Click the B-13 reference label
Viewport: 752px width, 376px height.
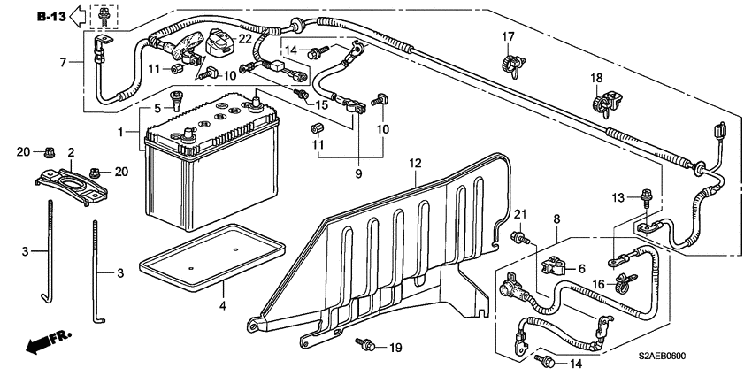click(52, 17)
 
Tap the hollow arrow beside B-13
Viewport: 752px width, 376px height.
click(77, 17)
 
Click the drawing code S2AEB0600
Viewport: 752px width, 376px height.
click(662, 356)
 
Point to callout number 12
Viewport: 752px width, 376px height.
click(415, 164)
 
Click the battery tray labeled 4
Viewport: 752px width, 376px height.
click(212, 257)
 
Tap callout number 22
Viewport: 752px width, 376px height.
click(245, 39)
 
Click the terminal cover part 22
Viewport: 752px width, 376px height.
click(220, 42)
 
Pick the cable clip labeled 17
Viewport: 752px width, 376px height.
click(513, 65)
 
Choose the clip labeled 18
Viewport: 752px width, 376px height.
click(606, 104)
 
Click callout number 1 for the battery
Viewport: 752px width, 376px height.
click(121, 131)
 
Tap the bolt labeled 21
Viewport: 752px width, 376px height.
click(520, 236)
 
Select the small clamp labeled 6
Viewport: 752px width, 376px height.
click(554, 266)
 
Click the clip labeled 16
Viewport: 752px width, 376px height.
click(623, 282)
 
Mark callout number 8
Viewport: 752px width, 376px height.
click(556, 219)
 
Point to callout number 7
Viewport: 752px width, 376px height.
click(63, 62)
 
